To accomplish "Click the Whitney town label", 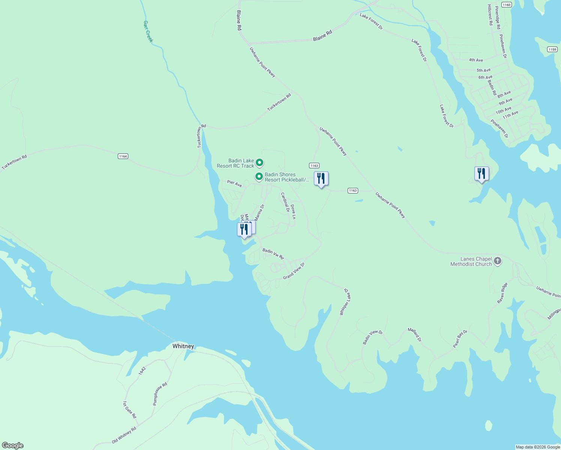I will click(x=183, y=346).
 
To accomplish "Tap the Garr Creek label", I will click(x=148, y=31).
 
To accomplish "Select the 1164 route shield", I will click(x=123, y=156).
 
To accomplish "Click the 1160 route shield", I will click(x=506, y=5).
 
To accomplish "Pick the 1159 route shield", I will click(x=552, y=49).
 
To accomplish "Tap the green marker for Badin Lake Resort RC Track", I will click(x=259, y=163).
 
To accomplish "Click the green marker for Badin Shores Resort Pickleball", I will click(x=259, y=176).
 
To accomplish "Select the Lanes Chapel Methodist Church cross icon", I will click(x=498, y=261).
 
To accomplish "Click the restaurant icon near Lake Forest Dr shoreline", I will click(x=481, y=174).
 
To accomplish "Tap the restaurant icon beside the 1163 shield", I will click(x=321, y=178).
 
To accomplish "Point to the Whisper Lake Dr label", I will click(x=344, y=302).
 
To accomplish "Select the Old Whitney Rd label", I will click(x=124, y=435).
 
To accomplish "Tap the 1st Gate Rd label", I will click(x=129, y=410).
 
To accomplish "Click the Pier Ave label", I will click(x=234, y=183).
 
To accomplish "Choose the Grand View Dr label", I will click(x=294, y=271).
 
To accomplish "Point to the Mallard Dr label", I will click(x=415, y=334).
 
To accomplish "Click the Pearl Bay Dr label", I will click(x=460, y=339).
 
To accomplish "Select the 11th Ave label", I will click(x=510, y=114).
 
